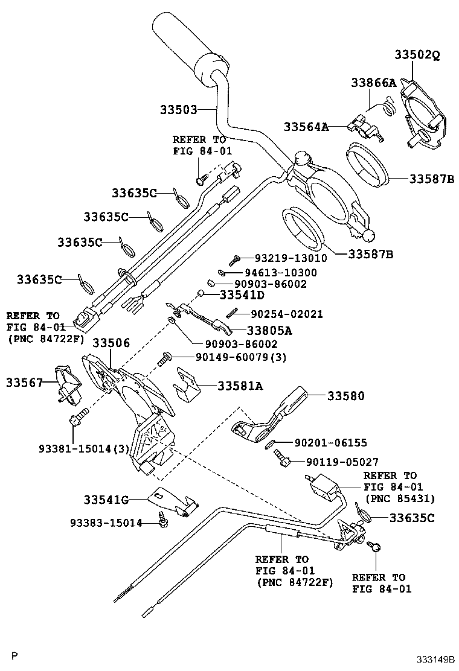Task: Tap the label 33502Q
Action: [x=417, y=54]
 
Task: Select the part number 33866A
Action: [x=373, y=83]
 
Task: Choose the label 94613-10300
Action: [x=281, y=273]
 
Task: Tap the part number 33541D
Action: [x=242, y=295]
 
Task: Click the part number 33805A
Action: [x=269, y=330]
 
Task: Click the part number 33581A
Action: [x=240, y=386]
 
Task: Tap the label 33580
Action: [x=346, y=396]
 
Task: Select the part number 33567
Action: [x=25, y=383]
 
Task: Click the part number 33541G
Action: [x=106, y=499]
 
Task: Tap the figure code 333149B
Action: [x=434, y=660]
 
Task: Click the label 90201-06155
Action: [x=331, y=443]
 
